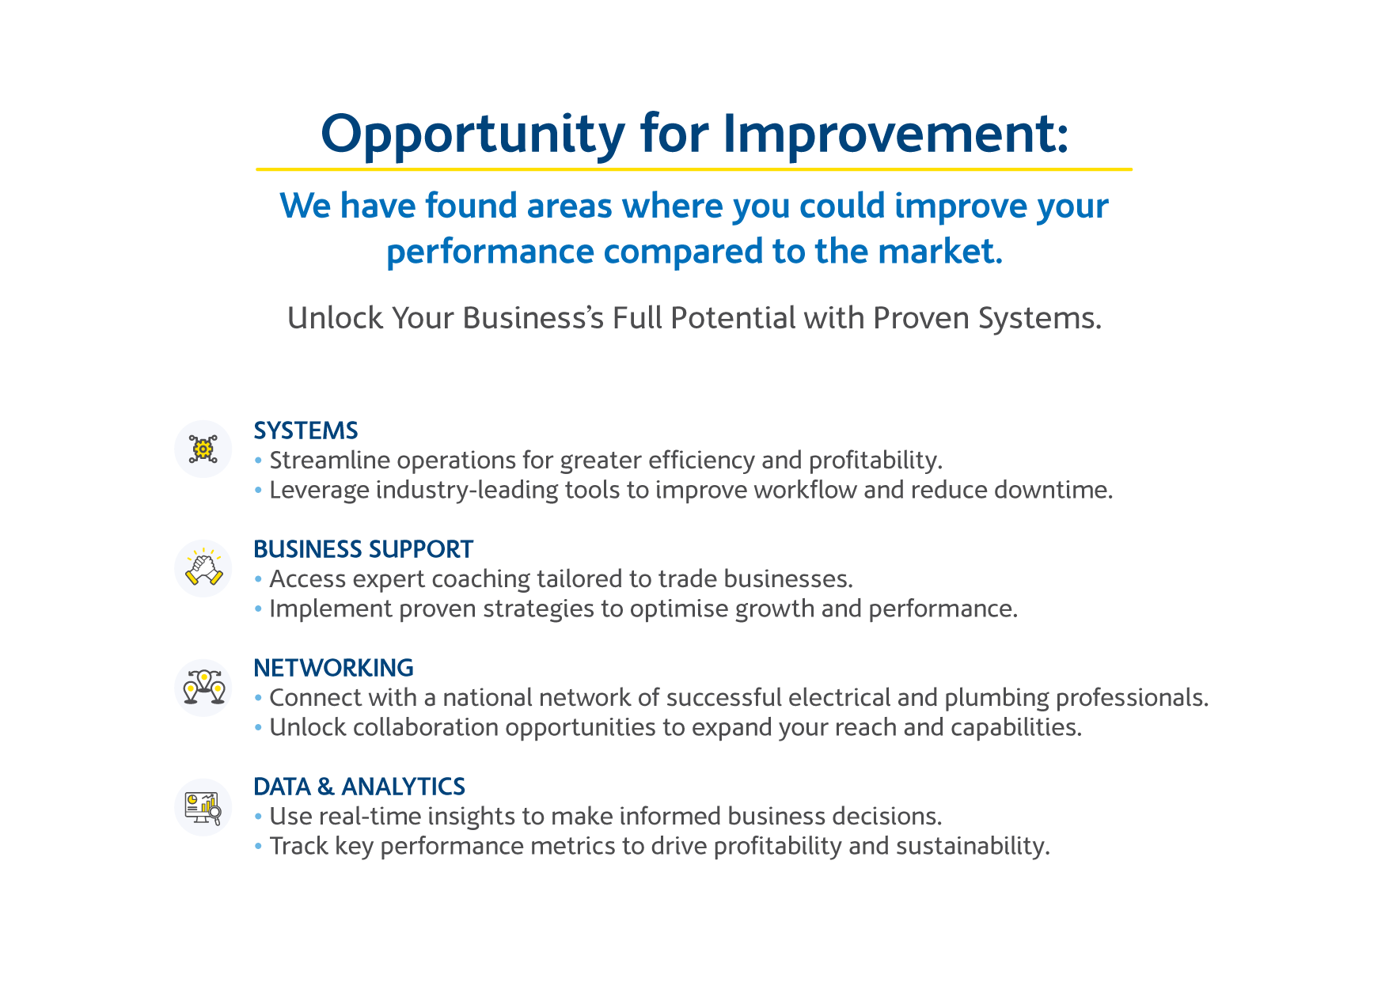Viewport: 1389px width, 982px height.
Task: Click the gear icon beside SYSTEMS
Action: point(203,449)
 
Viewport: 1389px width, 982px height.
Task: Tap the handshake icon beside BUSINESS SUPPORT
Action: point(203,568)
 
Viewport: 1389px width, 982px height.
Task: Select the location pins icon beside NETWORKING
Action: point(203,687)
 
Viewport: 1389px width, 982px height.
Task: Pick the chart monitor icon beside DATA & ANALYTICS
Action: point(203,807)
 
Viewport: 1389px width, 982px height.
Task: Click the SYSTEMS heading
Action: point(306,430)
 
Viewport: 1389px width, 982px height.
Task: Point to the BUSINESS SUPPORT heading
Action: point(363,549)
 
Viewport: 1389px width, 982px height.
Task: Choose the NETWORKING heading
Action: point(333,668)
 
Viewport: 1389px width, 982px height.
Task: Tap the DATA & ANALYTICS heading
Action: point(359,787)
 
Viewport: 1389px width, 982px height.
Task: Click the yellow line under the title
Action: point(694,169)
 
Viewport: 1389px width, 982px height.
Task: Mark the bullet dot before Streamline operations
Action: point(258,461)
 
